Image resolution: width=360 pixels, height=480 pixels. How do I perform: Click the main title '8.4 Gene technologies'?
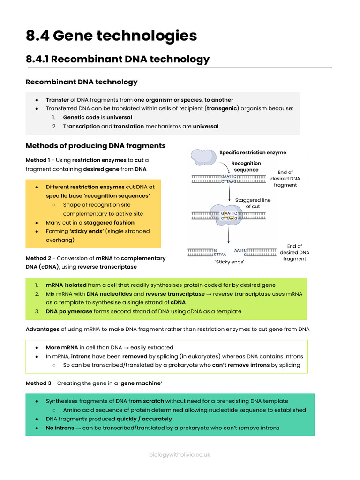pyautogui.click(x=111, y=36)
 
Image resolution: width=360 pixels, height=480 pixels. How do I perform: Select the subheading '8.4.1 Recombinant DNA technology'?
pyautogui.click(x=118, y=59)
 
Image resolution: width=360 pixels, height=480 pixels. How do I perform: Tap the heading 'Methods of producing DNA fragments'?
pyautogui.click(x=96, y=146)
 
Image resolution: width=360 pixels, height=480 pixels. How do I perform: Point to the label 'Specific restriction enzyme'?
pyautogui.click(x=253, y=152)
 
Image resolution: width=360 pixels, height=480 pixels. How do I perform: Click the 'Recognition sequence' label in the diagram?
pyautogui.click(x=246, y=166)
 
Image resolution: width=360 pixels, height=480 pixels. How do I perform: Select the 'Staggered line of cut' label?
pyautogui.click(x=253, y=203)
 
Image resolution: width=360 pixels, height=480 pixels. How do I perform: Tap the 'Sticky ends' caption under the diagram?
pyautogui.click(x=230, y=262)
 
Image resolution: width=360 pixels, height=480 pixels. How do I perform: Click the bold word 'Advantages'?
pyautogui.click(x=43, y=330)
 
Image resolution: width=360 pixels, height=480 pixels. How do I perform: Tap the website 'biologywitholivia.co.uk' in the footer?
pyautogui.click(x=180, y=454)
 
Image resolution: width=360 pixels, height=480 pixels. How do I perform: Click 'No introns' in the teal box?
pyautogui.click(x=60, y=427)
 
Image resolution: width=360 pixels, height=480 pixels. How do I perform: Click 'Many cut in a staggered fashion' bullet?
pyautogui.click(x=90, y=223)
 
